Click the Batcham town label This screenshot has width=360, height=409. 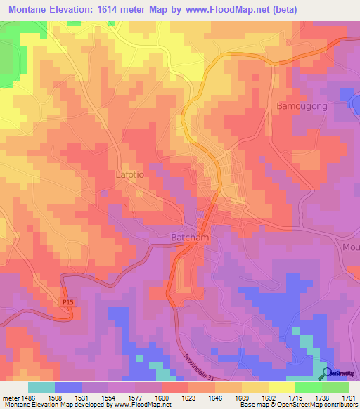pyautogui.click(x=190, y=238)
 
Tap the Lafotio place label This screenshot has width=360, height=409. pyautogui.click(x=130, y=174)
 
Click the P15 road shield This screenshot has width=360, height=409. pyautogui.click(x=67, y=301)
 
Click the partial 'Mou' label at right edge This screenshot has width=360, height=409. pyautogui.click(x=351, y=247)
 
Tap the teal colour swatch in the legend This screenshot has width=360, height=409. pyautogui.click(x=41, y=387)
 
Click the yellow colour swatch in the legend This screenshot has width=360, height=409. pyautogui.click(x=281, y=387)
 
